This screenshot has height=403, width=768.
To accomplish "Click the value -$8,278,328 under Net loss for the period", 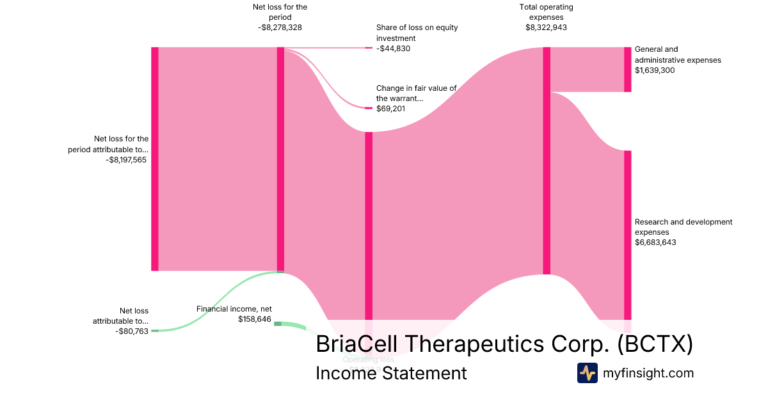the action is pyautogui.click(x=279, y=28).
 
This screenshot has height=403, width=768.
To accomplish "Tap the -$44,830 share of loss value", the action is pyautogui.click(x=393, y=49).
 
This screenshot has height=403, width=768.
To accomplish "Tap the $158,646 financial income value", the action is pyautogui.click(x=255, y=319).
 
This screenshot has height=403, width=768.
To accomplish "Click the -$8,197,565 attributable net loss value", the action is pyautogui.click(x=126, y=160).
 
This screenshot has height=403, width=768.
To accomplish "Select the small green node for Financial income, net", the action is pyautogui.click(x=278, y=324).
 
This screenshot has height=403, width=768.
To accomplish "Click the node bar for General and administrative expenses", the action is pyautogui.click(x=628, y=69).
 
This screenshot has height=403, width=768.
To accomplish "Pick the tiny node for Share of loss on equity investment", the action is pyautogui.click(x=368, y=48).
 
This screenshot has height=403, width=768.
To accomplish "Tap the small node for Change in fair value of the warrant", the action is pyautogui.click(x=368, y=108).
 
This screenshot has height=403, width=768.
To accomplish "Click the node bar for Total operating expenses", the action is pyautogui.click(x=547, y=160).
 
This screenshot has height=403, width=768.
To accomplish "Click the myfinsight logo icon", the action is pyautogui.click(x=587, y=373).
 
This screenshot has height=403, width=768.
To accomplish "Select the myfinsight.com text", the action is pyautogui.click(x=648, y=373).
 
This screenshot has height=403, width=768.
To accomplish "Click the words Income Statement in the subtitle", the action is pyautogui.click(x=391, y=373).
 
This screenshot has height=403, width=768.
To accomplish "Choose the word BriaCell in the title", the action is pyautogui.click(x=360, y=344).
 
